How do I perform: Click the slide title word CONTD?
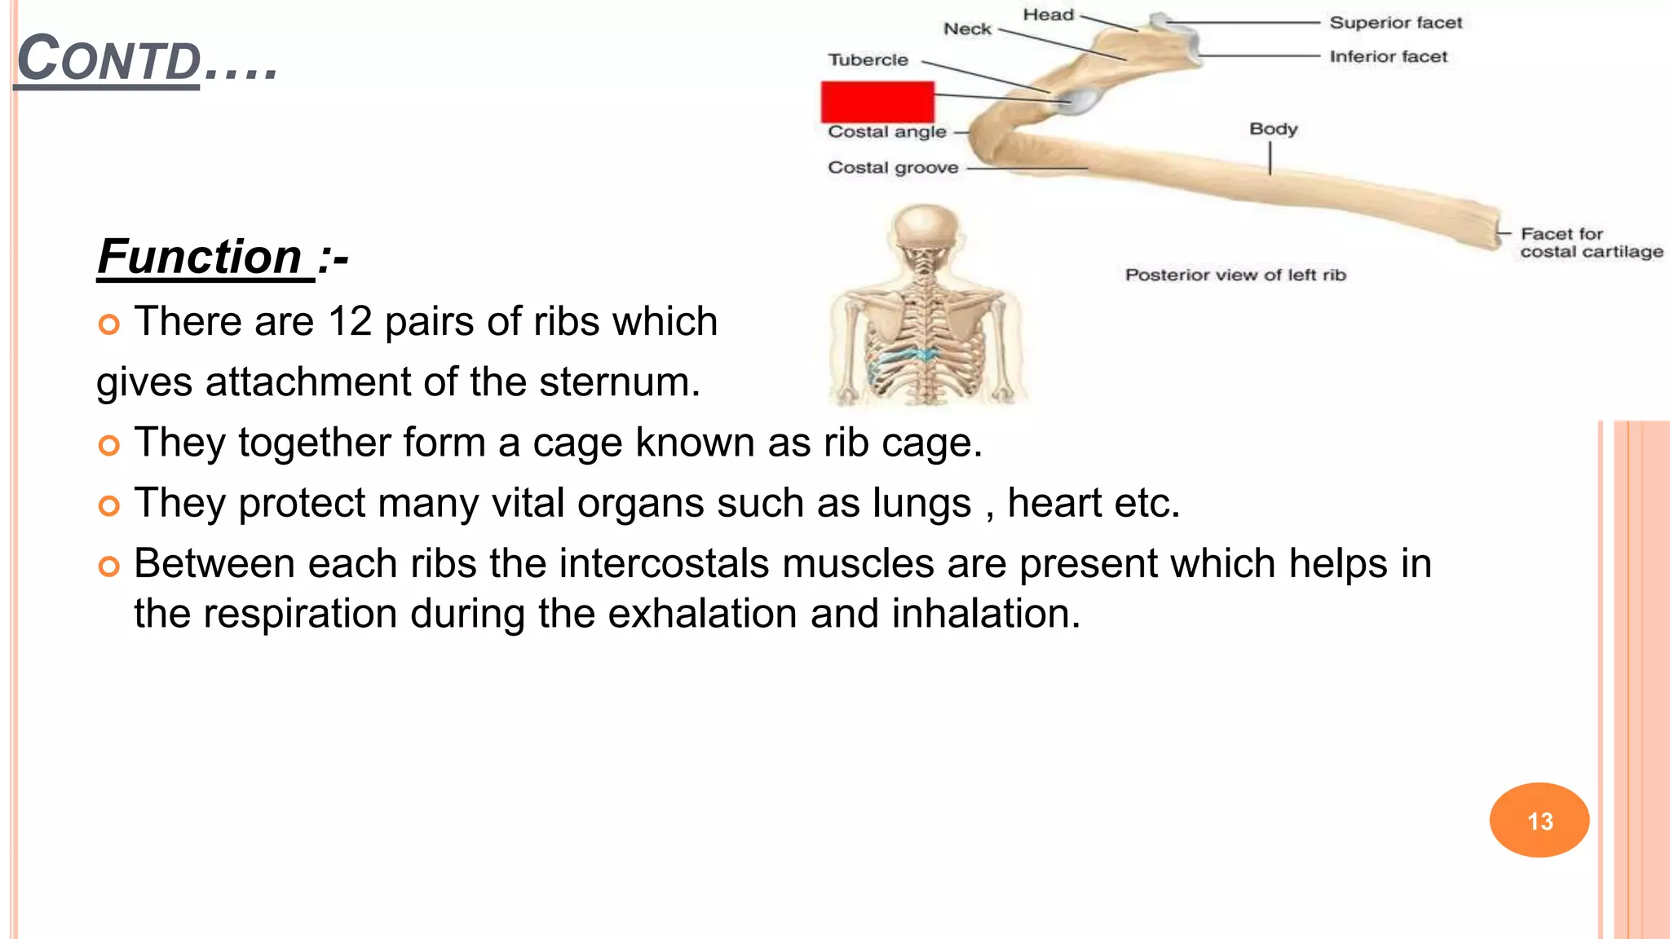pos(109,60)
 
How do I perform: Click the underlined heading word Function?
pos(201,257)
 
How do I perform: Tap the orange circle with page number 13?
pos(1539,820)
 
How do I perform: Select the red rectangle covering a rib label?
pos(877,102)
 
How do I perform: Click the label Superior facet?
pos(1395,23)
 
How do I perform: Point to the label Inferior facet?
pos(1388,57)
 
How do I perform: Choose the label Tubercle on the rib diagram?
pos(868,60)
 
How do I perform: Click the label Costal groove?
pos(893,168)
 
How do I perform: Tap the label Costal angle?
pos(887,132)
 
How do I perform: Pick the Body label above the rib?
pos(1273,130)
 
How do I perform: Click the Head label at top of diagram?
pos(1049,15)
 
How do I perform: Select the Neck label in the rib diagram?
pos(967,29)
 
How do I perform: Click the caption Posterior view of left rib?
pos(1235,276)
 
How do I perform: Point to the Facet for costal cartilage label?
pos(1590,243)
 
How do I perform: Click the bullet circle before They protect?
pos(108,506)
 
